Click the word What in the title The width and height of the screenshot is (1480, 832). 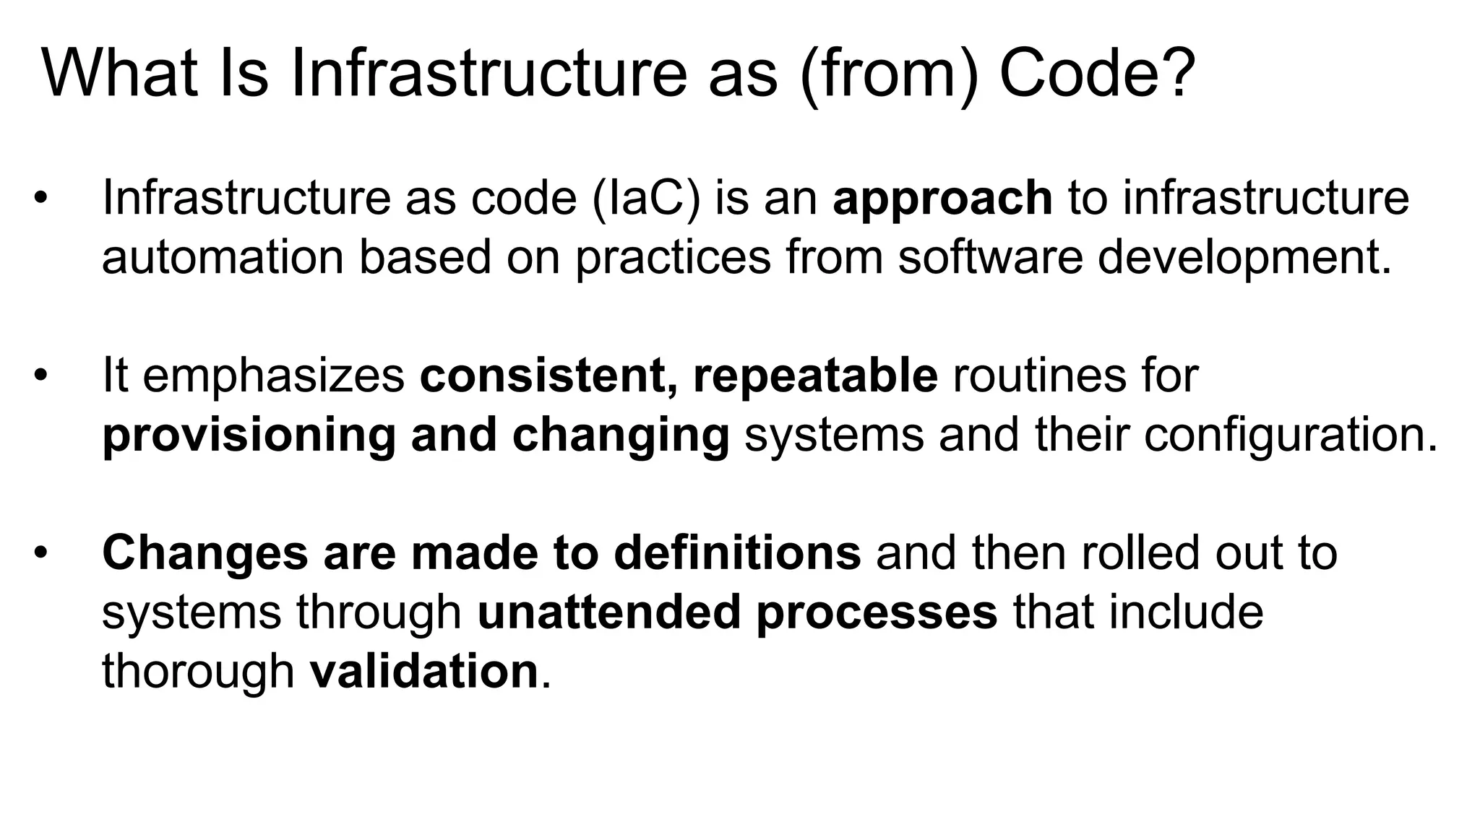point(120,74)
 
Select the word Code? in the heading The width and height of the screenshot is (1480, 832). point(1097,74)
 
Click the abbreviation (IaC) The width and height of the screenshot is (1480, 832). point(646,198)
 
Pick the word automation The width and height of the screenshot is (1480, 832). point(223,257)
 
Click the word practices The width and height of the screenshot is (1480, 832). point(673,257)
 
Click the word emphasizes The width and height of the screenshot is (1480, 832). point(274,376)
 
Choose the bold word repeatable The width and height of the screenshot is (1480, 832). point(815,376)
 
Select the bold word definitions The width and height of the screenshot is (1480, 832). point(737,553)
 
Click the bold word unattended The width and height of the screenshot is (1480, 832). point(609,612)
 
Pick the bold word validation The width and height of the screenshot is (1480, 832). point(424,672)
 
